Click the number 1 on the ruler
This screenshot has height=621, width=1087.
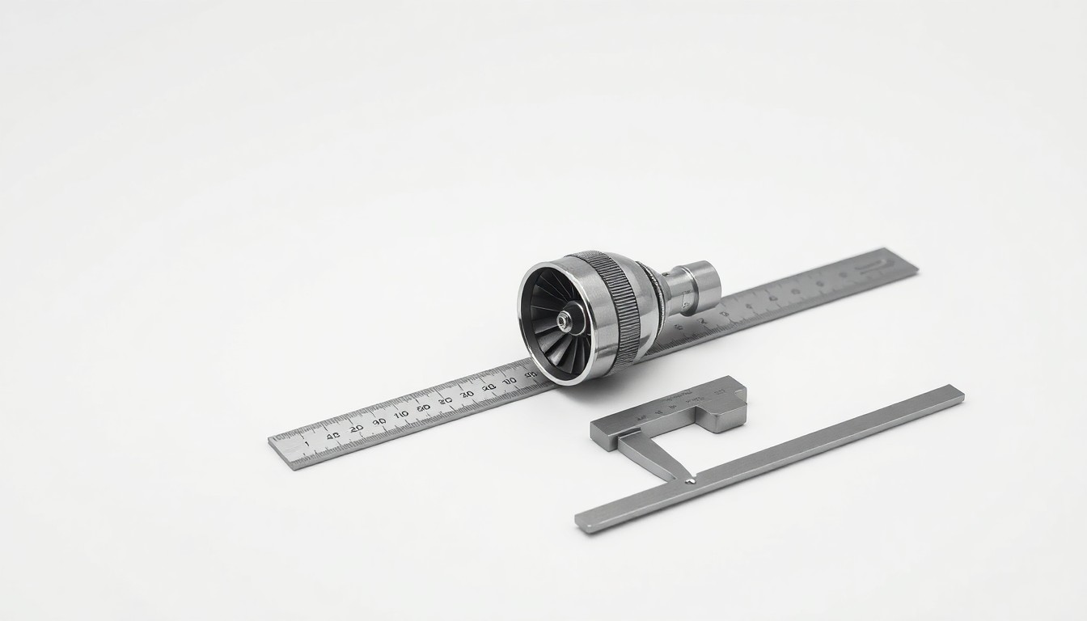[x=306, y=444]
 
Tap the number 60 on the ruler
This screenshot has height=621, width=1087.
[x=422, y=408]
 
